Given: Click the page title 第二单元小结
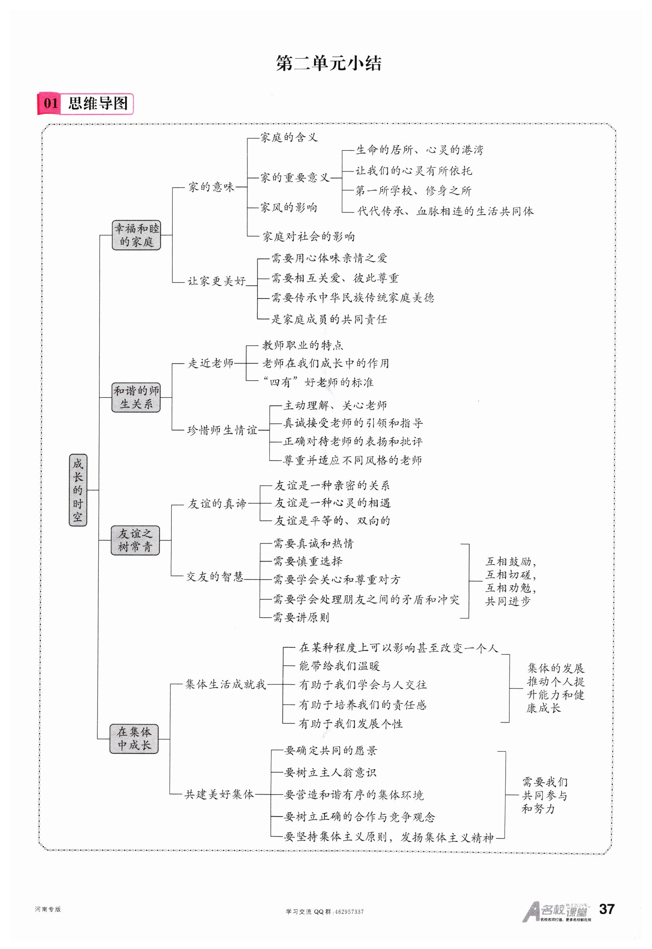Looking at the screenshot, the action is point(329,63).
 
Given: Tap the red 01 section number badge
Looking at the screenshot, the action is point(50,103).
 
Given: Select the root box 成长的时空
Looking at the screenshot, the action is point(78,490).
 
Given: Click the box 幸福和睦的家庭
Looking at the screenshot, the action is point(136,235).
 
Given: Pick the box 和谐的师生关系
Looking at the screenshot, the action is point(136,397).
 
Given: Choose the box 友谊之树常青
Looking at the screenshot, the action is point(135,540).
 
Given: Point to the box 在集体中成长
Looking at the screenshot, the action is point(134,738).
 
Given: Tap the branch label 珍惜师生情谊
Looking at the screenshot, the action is point(222,430).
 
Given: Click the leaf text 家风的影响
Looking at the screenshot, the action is point(289,208).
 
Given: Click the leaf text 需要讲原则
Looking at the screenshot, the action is point(301,617).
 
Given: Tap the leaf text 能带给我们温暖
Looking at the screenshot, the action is point(339,666).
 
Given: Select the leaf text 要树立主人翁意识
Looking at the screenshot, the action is point(330,772).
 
